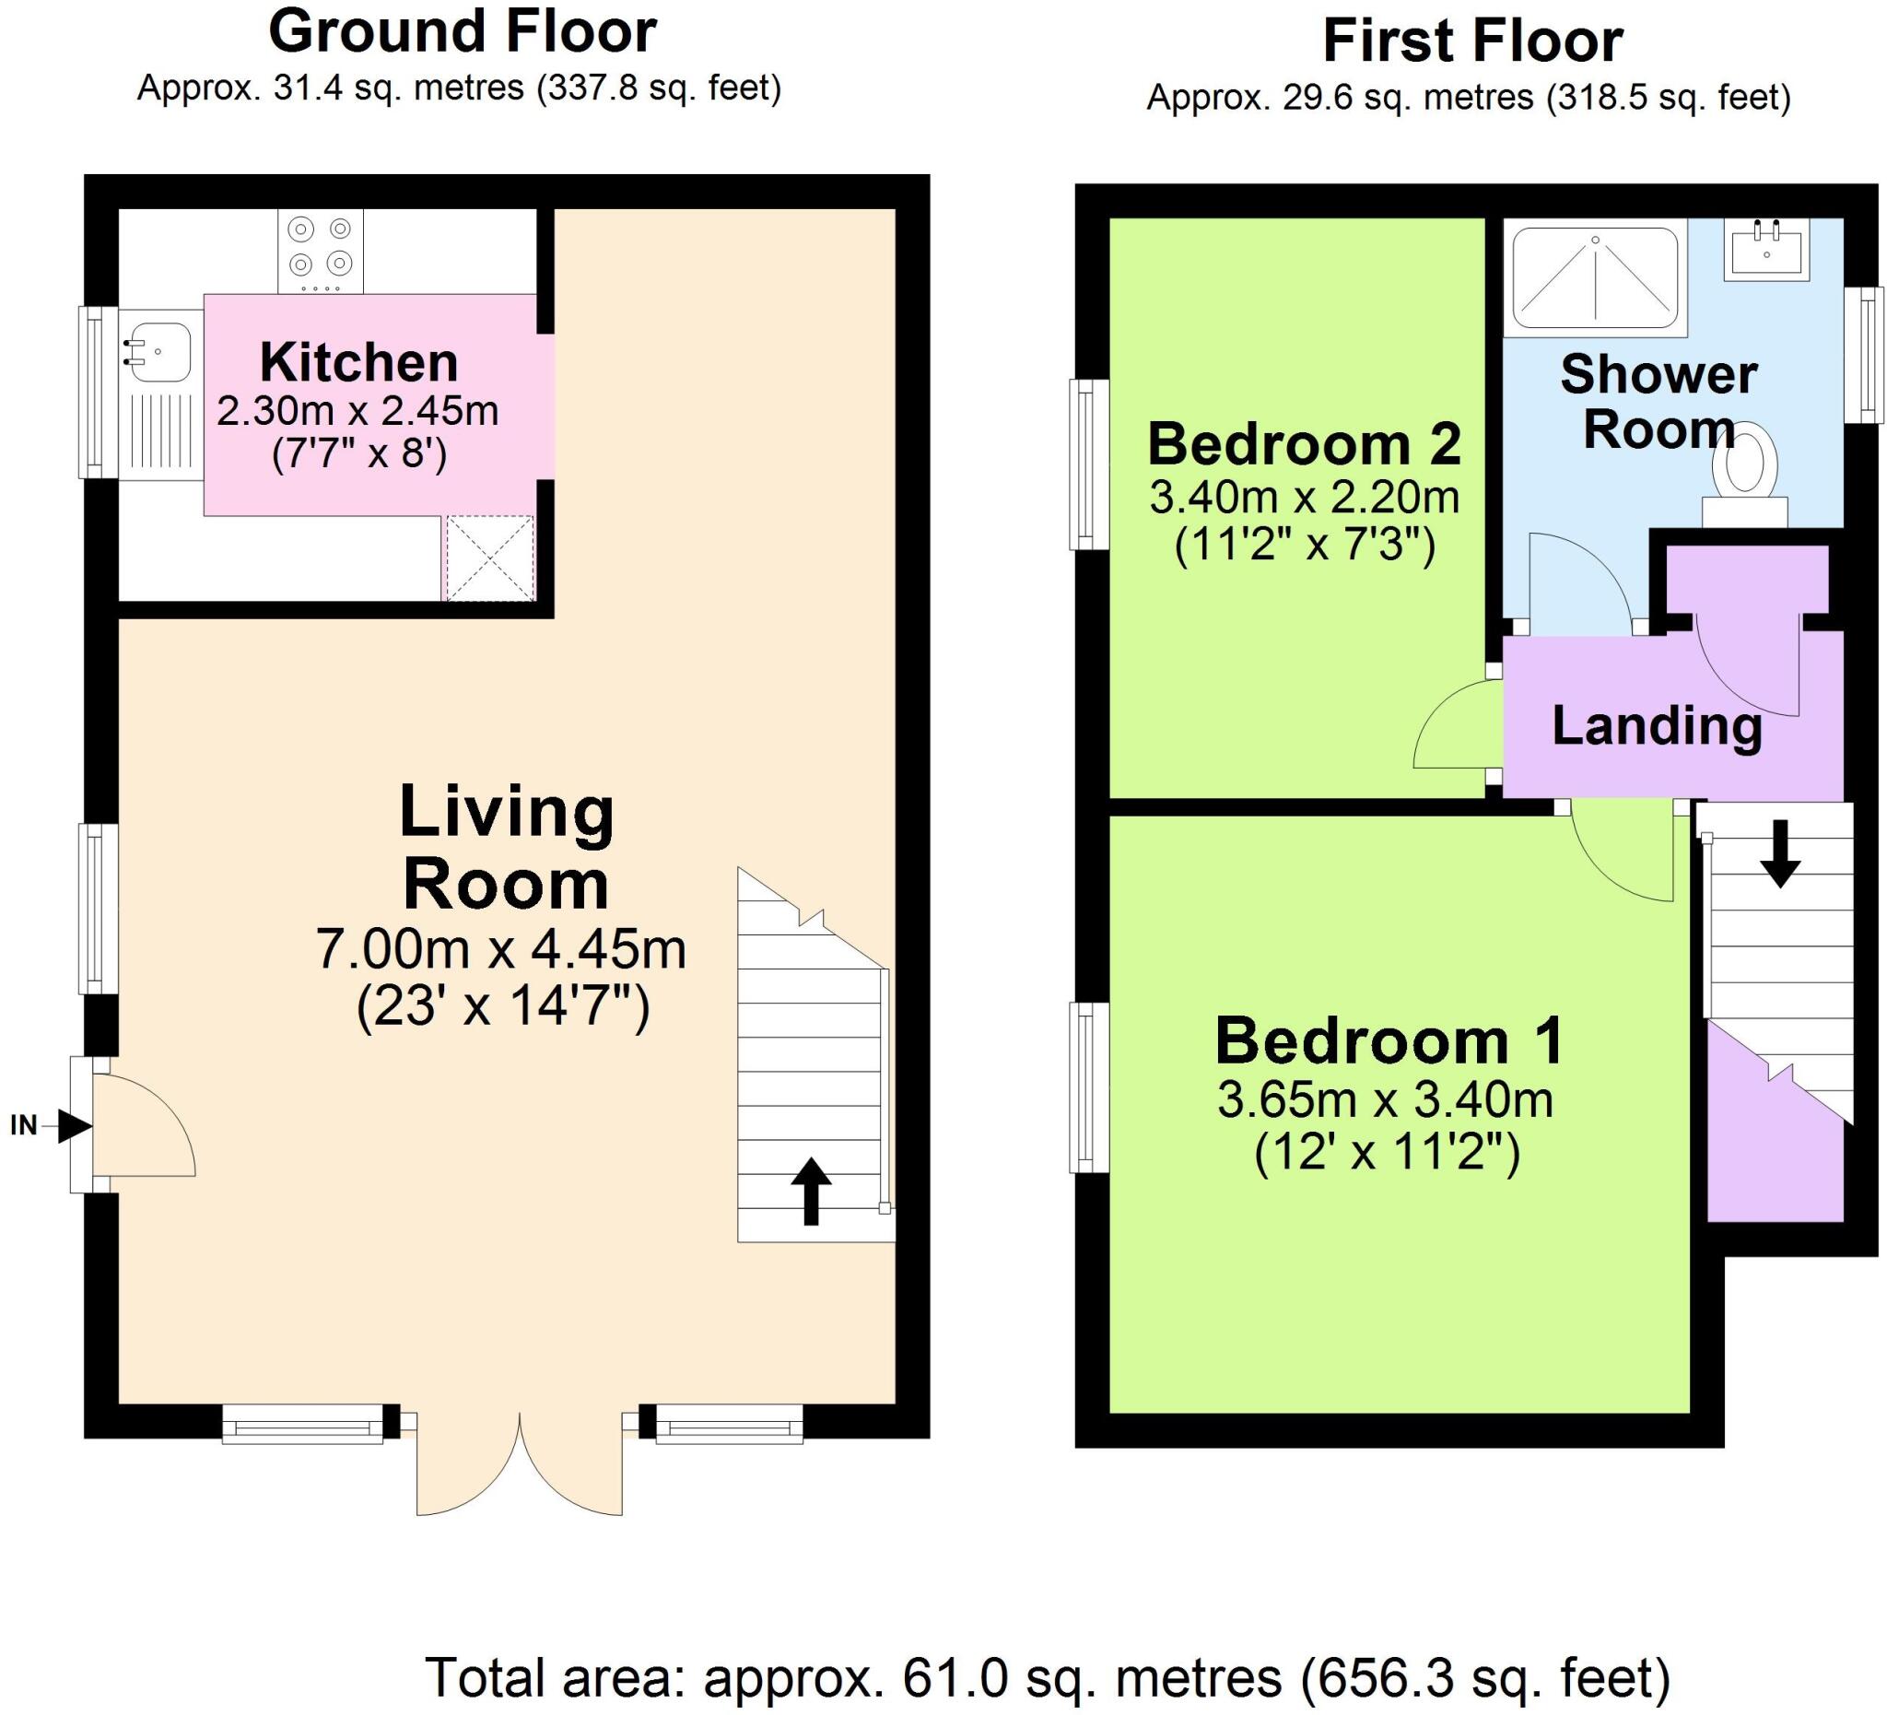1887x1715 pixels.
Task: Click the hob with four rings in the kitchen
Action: pos(320,250)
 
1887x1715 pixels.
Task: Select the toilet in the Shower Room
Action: pos(1745,468)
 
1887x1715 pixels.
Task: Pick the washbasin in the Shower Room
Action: pos(1765,249)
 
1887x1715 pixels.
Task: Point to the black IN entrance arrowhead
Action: pos(73,1125)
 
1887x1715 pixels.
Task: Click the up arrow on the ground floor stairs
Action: pos(811,1190)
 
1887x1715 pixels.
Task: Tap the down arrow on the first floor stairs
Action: pos(1779,852)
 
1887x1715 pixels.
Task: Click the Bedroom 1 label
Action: pos(1389,1040)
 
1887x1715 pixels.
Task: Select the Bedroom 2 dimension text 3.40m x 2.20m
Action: pos(1304,497)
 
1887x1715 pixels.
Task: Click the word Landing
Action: pos(1657,725)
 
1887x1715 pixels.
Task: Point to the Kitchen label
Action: pos(358,362)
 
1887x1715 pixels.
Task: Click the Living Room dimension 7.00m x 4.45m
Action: pos(500,949)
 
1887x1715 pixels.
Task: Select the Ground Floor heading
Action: pos(463,32)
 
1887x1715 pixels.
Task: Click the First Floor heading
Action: pos(1472,41)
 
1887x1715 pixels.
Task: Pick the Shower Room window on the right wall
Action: pos(1870,356)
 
